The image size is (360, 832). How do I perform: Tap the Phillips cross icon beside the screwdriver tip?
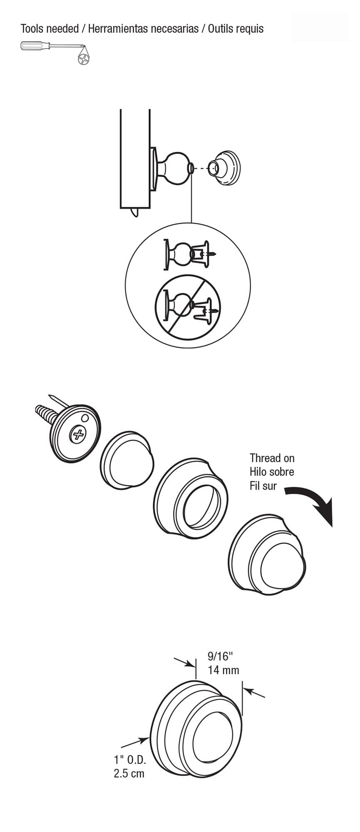[x=84, y=59]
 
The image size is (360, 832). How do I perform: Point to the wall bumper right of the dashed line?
[x=225, y=168]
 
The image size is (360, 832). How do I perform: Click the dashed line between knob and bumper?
[x=201, y=168]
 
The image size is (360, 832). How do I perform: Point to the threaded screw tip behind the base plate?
[x=45, y=412]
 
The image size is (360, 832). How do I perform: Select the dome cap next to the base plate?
[x=127, y=460]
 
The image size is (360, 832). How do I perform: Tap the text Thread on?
[x=272, y=458]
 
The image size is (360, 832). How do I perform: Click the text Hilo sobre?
[x=272, y=472]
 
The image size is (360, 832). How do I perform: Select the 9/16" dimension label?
[x=220, y=656]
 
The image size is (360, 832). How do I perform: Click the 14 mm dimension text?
[x=223, y=670]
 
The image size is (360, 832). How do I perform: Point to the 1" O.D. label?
[x=130, y=760]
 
